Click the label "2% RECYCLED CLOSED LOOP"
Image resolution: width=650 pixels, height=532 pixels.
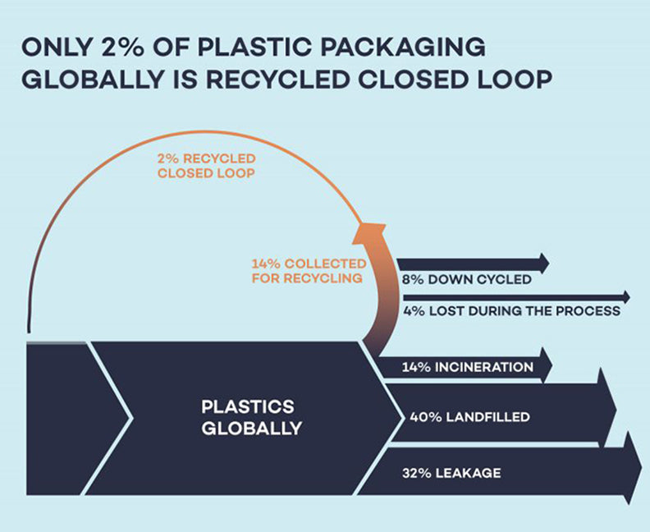(206, 164)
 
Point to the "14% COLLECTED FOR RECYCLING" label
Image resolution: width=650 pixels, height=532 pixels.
(308, 271)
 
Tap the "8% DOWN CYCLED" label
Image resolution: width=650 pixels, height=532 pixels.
(467, 280)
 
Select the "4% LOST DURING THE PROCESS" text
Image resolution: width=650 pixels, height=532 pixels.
(510, 311)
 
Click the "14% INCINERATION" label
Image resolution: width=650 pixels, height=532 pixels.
(468, 367)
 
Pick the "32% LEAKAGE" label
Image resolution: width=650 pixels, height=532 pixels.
(451, 473)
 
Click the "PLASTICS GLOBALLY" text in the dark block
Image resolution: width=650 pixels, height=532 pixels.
(252, 417)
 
